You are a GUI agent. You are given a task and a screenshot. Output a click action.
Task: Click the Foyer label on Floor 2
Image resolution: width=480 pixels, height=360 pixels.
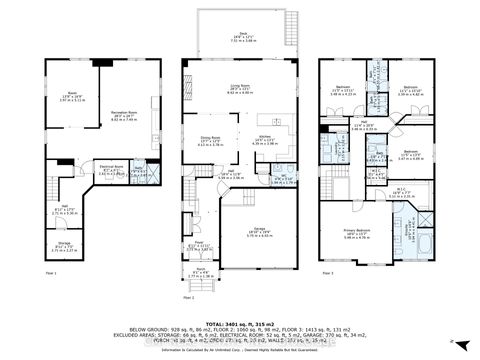click(200, 245)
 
